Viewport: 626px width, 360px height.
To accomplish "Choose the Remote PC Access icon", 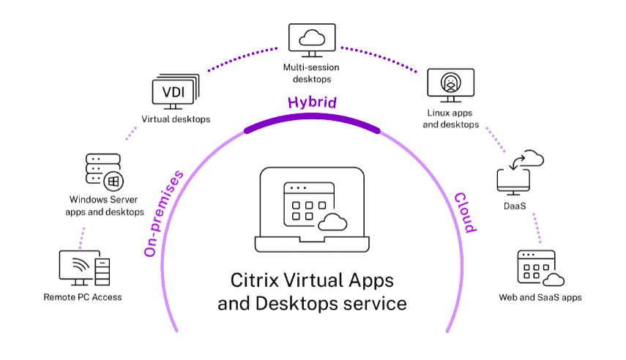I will (83, 267).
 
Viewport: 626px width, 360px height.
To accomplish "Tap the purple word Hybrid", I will (312, 102).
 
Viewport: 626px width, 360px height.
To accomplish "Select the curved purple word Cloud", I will (465, 212).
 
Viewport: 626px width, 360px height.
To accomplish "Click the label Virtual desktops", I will (176, 119).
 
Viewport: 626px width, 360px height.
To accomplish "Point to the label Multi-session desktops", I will (312, 73).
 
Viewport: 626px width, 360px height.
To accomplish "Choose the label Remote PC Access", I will (83, 297).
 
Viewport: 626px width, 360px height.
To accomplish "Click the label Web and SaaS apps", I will (540, 297).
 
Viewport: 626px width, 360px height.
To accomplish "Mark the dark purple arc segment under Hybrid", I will (312, 121).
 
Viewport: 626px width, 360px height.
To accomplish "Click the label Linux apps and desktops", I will (452, 119).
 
